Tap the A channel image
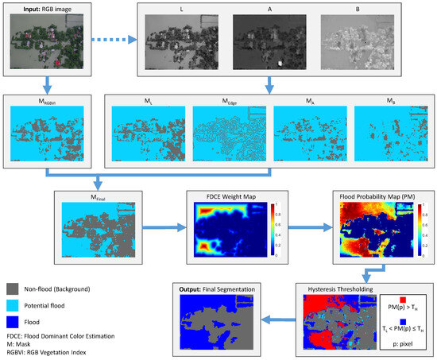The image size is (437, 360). [x=268, y=47]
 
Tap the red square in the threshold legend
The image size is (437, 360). [x=403, y=300]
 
